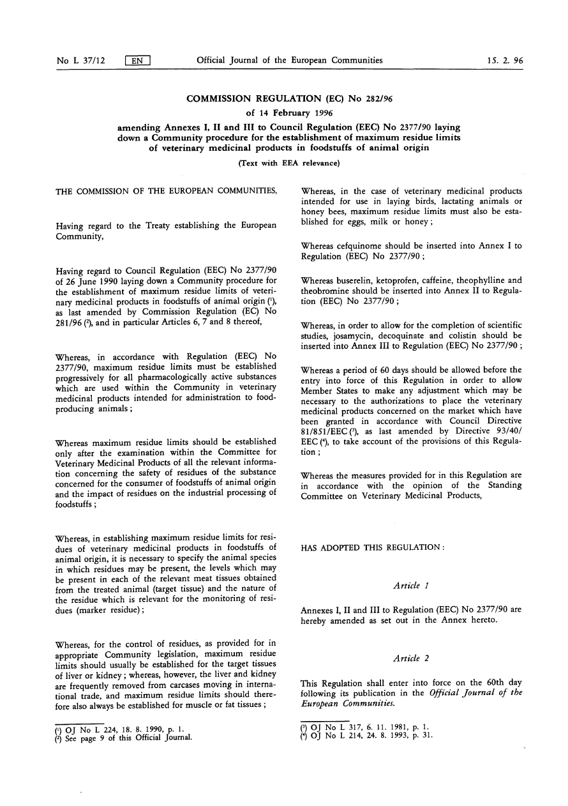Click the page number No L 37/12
[82, 61]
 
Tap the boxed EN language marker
[137, 61]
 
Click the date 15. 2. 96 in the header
[504, 61]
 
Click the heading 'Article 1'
[411, 585]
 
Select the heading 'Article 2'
[411, 658]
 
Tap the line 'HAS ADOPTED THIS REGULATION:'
[372, 547]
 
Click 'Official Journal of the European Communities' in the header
[290, 61]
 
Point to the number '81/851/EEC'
[327, 430]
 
